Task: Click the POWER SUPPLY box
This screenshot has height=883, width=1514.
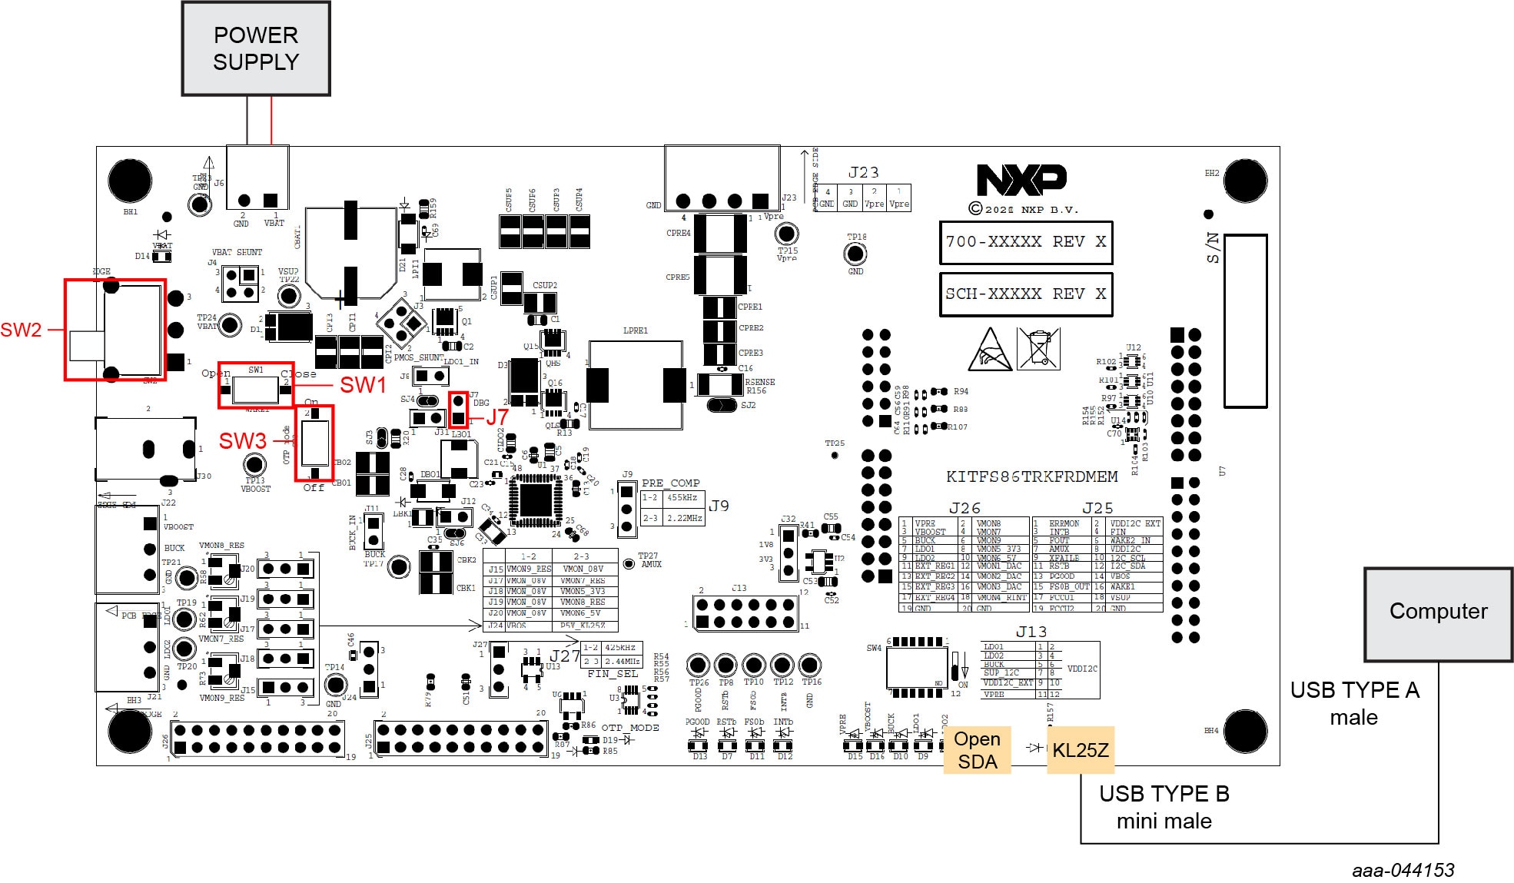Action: click(x=256, y=48)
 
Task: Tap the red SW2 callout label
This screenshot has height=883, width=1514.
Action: click(x=21, y=330)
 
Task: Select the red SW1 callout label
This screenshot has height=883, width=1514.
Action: click(x=363, y=385)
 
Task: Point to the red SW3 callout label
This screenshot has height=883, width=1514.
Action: click(x=242, y=441)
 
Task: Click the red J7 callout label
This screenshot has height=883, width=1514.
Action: click(x=497, y=417)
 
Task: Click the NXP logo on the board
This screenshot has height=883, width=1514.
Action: click(x=1021, y=181)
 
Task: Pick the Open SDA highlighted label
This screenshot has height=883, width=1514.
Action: click(x=977, y=750)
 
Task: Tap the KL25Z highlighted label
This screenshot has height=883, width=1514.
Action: click(x=1080, y=750)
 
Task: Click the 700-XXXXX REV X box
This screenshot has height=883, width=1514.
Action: click(x=1026, y=242)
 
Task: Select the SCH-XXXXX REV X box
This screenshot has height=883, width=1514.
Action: click(x=1026, y=294)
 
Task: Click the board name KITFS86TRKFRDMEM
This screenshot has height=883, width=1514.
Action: click(x=1031, y=477)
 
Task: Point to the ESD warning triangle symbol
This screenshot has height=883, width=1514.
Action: click(x=990, y=350)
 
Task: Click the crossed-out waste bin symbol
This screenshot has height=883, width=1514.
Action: click(x=1038, y=348)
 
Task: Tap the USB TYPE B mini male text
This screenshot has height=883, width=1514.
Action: click(x=1164, y=807)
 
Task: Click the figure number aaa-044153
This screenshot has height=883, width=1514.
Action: click(x=1403, y=870)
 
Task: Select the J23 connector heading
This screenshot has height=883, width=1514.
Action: click(x=863, y=173)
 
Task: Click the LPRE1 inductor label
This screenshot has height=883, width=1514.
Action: click(x=635, y=331)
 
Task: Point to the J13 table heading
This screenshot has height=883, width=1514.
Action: click(x=1031, y=632)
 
